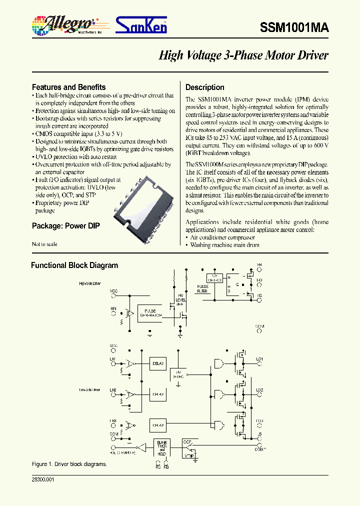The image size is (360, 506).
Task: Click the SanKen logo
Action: [x=141, y=25]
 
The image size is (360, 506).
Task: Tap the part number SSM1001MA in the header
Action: [x=294, y=28]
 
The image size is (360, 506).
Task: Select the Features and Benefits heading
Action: [x=68, y=87]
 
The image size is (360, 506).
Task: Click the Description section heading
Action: [x=205, y=87]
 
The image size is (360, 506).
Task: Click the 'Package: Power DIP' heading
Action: [x=65, y=225]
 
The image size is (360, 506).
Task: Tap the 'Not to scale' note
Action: [x=44, y=244]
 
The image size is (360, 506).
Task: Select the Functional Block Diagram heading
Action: [x=74, y=265]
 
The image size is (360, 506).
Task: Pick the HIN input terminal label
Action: [x=113, y=309]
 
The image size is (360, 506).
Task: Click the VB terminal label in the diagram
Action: [x=259, y=265]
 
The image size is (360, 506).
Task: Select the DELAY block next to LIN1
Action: [x=157, y=363]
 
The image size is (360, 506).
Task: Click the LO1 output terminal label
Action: [x=259, y=359]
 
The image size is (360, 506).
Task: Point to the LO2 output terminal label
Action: [x=259, y=390]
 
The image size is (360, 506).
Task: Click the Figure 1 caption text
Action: [x=69, y=464]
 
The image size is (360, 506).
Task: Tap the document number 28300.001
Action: [x=43, y=479]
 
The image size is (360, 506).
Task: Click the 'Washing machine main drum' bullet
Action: [x=225, y=245]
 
